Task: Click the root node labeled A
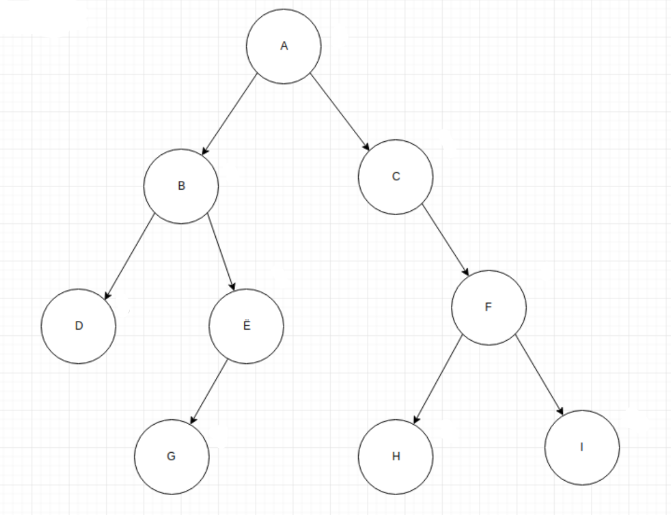[x=284, y=46]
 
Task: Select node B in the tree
[x=181, y=186]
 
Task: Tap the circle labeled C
[x=396, y=177]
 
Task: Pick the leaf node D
[x=79, y=326]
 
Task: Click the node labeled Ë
[x=246, y=326]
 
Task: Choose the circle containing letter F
[x=489, y=307]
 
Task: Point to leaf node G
[x=172, y=457]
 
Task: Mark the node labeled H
[x=396, y=457]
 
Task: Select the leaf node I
[x=582, y=447]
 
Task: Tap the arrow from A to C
[x=340, y=113]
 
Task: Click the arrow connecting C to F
[x=446, y=239]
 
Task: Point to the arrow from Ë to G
[x=209, y=391]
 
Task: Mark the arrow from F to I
[x=539, y=376]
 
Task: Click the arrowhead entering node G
[x=193, y=420]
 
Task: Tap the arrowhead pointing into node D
[x=107, y=296]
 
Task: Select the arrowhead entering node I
[x=561, y=412]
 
